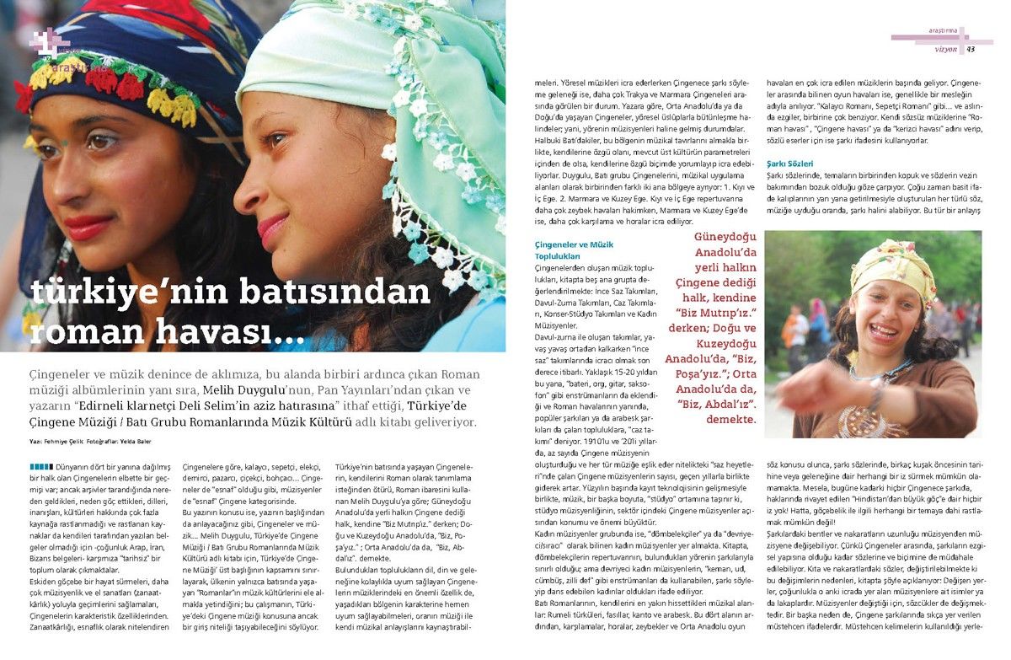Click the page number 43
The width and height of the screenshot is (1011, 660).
pyautogui.click(x=971, y=49)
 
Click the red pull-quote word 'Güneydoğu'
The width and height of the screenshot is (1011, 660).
pyautogui.click(x=725, y=239)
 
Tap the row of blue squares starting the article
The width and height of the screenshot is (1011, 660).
pyautogui.click(x=41, y=466)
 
